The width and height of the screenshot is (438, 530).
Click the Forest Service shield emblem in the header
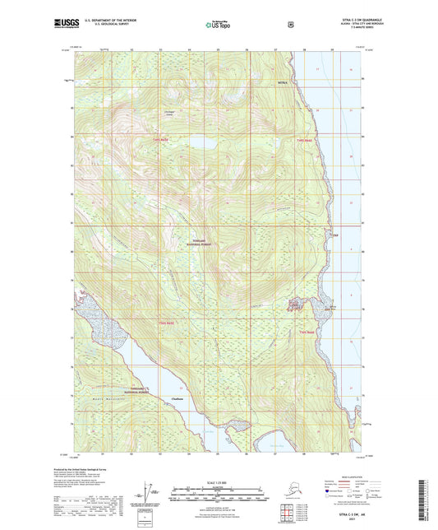[x=289, y=25]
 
